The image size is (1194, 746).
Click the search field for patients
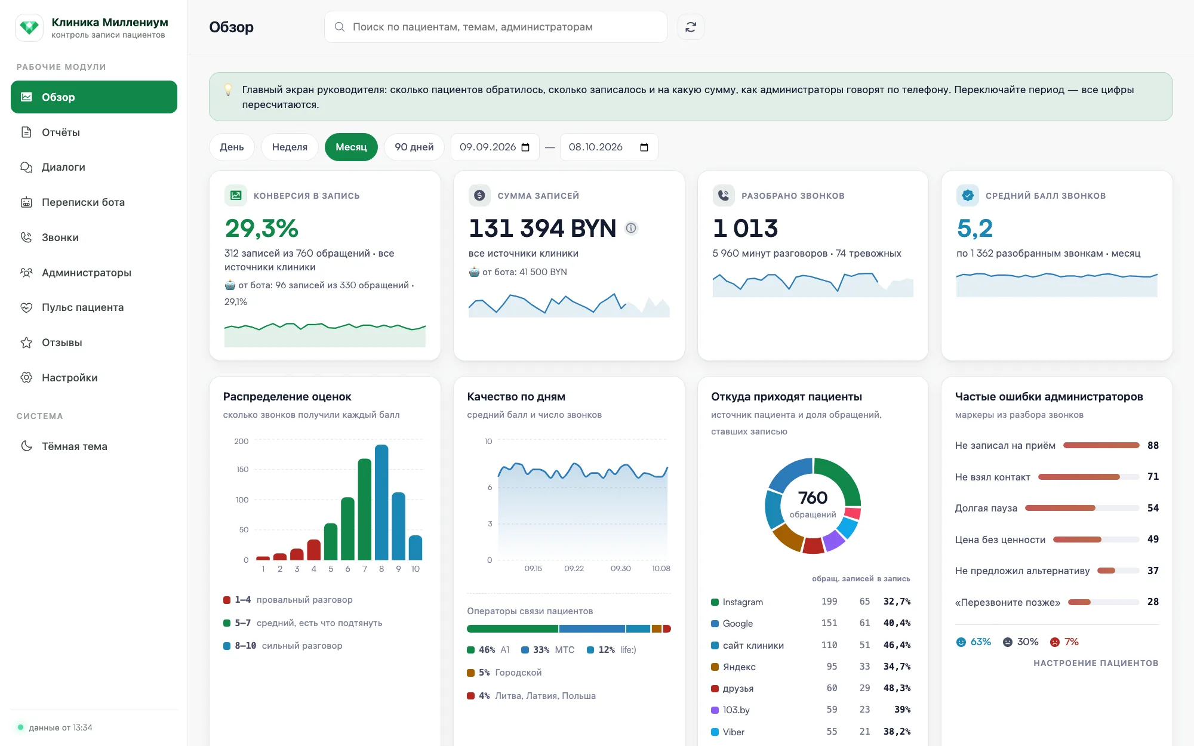coord(496,27)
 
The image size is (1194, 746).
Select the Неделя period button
coord(290,147)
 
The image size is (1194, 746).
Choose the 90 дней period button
coord(414,147)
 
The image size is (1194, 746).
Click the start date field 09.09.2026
coord(495,147)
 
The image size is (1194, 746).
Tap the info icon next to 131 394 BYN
coord(631,228)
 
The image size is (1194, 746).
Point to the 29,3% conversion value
coord(261,228)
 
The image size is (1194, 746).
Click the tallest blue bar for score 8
coord(381,502)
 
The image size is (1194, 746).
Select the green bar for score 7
coord(365,509)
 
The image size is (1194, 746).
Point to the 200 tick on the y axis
coord(241,441)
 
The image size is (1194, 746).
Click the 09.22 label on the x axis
coord(574,568)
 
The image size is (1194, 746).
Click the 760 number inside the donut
coord(813,497)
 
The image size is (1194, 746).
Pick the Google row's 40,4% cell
coord(897,623)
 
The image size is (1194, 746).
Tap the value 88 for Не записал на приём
coord(1153,445)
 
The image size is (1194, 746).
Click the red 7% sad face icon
coord(1055,642)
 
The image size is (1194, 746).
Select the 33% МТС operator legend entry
coord(547,650)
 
